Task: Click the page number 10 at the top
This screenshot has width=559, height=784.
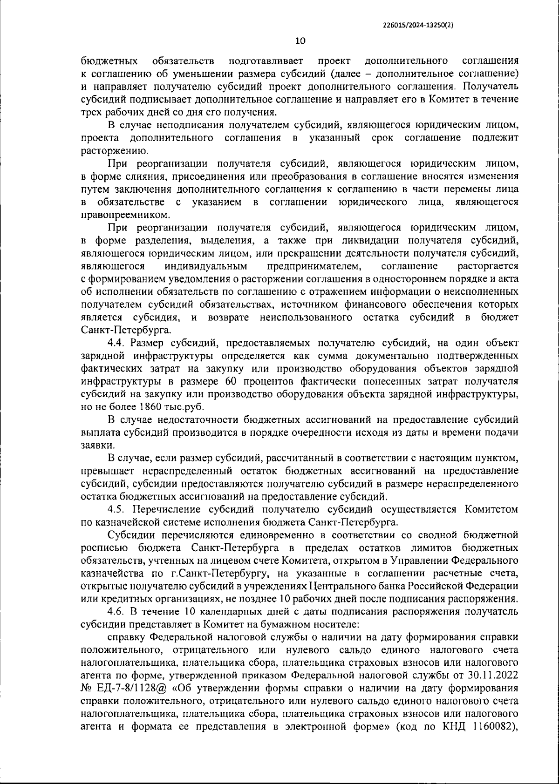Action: point(300,41)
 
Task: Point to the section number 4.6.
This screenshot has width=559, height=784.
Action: point(117,611)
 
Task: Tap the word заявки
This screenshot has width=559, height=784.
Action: point(96,445)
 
